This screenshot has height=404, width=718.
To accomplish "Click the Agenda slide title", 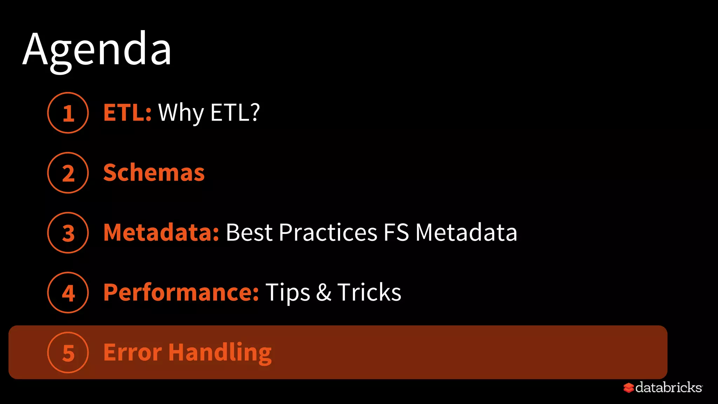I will (x=97, y=49).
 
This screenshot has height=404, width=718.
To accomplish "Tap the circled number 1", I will (x=68, y=113).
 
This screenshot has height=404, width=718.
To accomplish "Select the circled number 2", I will (x=68, y=173).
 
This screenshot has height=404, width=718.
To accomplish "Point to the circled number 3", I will (x=68, y=233).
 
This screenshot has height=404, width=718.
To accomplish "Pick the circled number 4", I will (x=68, y=293).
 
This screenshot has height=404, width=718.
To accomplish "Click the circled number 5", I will (x=68, y=352).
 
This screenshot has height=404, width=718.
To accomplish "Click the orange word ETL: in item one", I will (x=127, y=113).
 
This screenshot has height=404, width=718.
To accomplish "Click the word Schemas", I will (x=154, y=173).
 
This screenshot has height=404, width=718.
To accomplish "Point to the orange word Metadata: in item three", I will (x=161, y=233).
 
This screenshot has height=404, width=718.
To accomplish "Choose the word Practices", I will (x=328, y=233).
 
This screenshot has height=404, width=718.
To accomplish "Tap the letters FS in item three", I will (x=396, y=233).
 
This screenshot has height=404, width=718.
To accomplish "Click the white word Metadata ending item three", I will (x=466, y=233).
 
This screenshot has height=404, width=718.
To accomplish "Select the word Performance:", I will (x=181, y=292).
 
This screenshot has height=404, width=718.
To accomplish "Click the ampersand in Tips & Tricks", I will (x=324, y=292).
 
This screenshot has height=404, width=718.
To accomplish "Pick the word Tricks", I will (x=369, y=292).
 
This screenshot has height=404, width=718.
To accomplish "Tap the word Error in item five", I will (x=133, y=352).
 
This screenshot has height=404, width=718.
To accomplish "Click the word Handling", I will (x=220, y=353).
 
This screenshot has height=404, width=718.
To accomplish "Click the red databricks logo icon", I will (x=629, y=388).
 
